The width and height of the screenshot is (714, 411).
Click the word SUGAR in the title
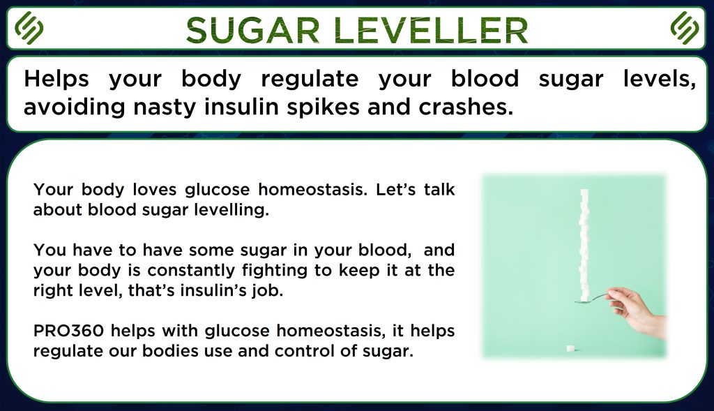pyautogui.click(x=252, y=30)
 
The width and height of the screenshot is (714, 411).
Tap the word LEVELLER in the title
pyautogui.click(x=431, y=30)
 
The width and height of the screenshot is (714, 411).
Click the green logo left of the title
pyautogui.click(x=29, y=28)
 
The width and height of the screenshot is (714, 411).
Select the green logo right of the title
pyautogui.click(x=685, y=28)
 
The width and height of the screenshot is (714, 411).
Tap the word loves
pyautogui.click(x=155, y=189)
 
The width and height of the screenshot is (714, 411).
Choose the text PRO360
pyautogui.click(x=69, y=330)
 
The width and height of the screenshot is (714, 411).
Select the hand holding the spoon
pyautogui.click(x=637, y=310)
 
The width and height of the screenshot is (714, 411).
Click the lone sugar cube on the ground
pyautogui.click(x=570, y=349)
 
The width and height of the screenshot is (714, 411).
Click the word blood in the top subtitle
pyautogui.click(x=485, y=79)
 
